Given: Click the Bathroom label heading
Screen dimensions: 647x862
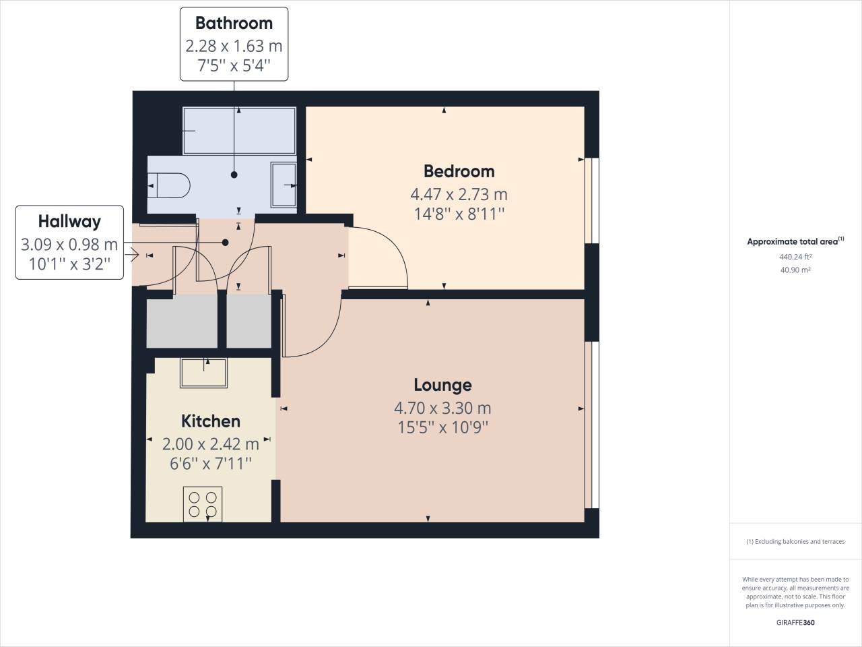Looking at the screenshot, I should click(x=234, y=23).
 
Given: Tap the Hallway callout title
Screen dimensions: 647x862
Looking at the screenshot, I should click(x=69, y=221).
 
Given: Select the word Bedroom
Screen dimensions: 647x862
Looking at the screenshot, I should click(x=459, y=171).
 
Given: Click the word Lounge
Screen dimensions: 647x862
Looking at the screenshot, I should click(x=442, y=385).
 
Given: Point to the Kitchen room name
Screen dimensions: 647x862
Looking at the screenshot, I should click(x=210, y=421).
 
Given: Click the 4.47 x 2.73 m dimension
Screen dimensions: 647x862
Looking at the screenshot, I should click(x=459, y=195).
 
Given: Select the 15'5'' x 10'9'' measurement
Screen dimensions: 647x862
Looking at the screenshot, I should click(x=442, y=427).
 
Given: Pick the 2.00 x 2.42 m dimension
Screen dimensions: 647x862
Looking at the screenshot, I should click(x=210, y=444).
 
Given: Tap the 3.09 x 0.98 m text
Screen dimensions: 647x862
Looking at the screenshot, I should click(x=69, y=244).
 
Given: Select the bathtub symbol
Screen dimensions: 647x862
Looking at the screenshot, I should click(x=239, y=131).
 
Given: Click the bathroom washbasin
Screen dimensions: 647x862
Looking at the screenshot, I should click(x=284, y=184).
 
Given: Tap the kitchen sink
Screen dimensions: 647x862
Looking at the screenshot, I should click(x=203, y=373).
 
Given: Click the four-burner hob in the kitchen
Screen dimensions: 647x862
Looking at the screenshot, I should click(x=203, y=504).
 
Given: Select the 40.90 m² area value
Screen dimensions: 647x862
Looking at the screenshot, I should click(x=795, y=270).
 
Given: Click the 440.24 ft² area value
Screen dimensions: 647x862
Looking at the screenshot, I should click(x=795, y=257).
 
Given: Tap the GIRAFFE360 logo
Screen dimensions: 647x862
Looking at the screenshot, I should click(x=795, y=623).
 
